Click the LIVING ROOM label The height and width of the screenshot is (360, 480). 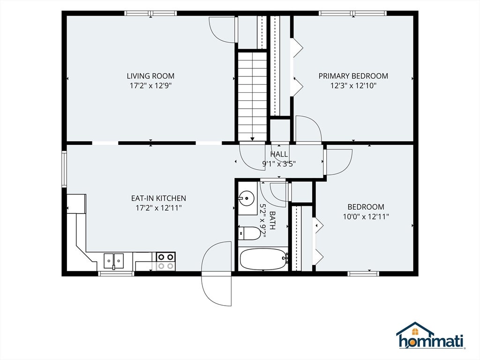coord(150,76)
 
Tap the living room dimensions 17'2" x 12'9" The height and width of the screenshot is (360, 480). coord(150,86)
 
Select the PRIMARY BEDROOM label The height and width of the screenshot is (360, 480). coord(353,76)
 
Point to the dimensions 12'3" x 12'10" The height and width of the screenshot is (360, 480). coord(353,86)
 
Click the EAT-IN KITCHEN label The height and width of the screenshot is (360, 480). coord(158,198)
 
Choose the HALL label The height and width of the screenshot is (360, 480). coord(279,154)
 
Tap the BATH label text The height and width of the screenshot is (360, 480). coord(272,220)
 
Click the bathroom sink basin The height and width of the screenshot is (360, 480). coord(247,198)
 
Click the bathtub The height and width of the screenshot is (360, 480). coord(263,259)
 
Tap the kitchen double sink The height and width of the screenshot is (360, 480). coord(113,261)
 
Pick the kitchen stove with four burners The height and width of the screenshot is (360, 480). coord(166,261)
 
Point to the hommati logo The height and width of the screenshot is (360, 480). coord(431,336)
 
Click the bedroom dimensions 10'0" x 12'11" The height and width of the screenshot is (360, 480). coord(366,217)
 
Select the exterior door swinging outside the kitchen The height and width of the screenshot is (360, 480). coord(217,273)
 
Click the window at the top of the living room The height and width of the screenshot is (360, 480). coord(150,13)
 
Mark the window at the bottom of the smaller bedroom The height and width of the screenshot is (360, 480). coord(364,273)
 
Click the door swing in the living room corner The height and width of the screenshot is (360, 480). coord(222,30)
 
